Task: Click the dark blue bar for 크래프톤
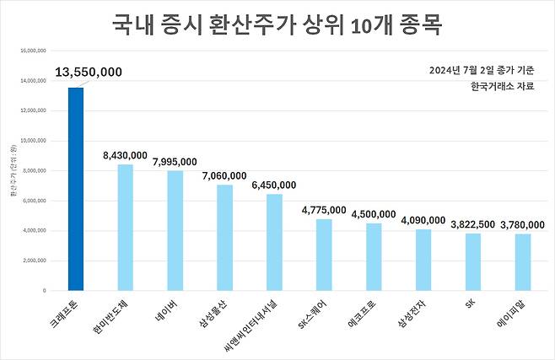click(x=76, y=189)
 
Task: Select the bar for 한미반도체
click(x=125, y=227)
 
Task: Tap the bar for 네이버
click(x=175, y=230)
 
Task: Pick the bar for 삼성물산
click(x=224, y=237)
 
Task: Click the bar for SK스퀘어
click(x=324, y=255)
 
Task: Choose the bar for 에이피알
click(x=523, y=261)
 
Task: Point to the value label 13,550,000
click(x=89, y=73)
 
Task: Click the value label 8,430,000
click(x=125, y=155)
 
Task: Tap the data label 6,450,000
click(x=274, y=185)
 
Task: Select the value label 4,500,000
click(x=374, y=213)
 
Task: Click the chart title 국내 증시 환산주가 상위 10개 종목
click(x=277, y=24)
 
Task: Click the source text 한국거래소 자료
click(x=502, y=86)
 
